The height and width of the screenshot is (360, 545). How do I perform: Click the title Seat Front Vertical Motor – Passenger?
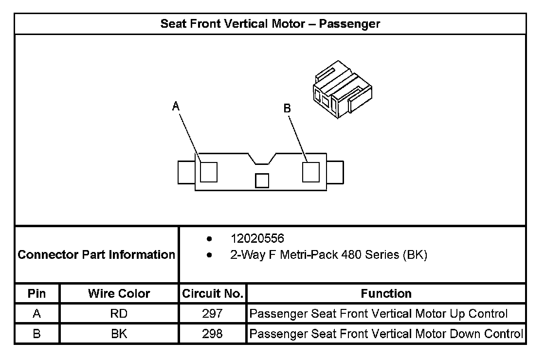tap(270, 24)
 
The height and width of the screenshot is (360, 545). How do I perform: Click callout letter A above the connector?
tap(176, 106)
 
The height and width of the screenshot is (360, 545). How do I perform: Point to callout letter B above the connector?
tap(287, 108)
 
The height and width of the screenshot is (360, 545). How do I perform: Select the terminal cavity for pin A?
tap(209, 171)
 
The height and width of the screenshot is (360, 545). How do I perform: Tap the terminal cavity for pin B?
tap(310, 172)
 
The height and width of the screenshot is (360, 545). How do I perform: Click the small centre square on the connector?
tap(262, 180)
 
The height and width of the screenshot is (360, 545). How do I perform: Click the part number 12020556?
tap(257, 239)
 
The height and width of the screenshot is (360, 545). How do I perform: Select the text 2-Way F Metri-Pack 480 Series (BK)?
tap(328, 255)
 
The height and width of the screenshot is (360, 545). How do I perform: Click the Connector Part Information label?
tap(96, 254)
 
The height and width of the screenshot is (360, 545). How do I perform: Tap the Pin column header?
tap(37, 293)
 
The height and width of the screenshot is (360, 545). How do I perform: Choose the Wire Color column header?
tap(119, 293)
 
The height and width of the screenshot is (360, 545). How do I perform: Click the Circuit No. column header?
tap(212, 293)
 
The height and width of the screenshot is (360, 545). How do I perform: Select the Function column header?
tap(386, 293)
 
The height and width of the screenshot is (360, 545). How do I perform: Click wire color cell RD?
tap(119, 314)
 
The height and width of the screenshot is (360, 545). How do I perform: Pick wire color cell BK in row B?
tap(119, 334)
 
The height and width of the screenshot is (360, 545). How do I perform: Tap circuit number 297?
tap(212, 314)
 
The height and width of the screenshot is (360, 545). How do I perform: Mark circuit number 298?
tap(212, 334)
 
